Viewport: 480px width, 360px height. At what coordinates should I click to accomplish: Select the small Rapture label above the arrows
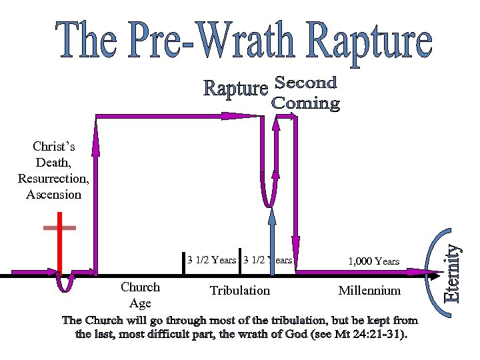tap(235, 89)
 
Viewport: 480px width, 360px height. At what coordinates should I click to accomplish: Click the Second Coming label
tap(306, 93)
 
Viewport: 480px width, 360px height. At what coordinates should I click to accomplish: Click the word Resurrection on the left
tap(53, 179)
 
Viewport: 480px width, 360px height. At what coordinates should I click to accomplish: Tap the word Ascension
tap(53, 195)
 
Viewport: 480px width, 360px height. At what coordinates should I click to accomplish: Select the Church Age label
tap(140, 295)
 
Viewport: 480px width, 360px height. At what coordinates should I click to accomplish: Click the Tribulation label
tap(240, 291)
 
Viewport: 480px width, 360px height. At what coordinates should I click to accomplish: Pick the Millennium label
tap(369, 291)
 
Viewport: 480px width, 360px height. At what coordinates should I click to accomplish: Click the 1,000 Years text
tap(374, 261)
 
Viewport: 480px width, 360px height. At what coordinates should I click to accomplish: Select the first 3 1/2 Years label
tap(211, 260)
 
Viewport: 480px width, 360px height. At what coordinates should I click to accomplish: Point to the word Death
tap(53, 163)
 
